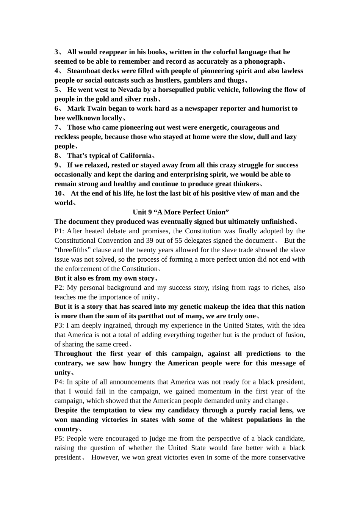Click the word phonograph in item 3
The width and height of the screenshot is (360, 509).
coord(263,61)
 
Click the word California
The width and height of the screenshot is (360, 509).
coord(136,156)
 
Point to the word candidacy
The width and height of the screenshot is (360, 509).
coord(185,410)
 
